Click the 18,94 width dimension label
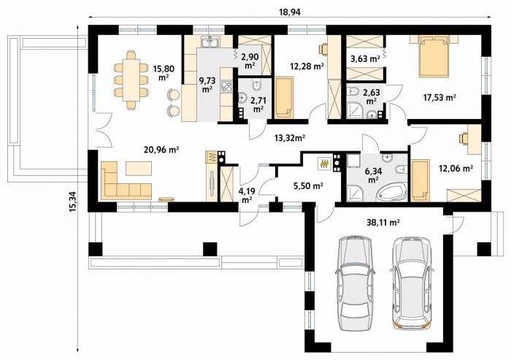tap(290, 12)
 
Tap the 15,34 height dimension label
tap(73, 202)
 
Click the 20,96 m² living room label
tap(161, 150)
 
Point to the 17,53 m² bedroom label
tap(439, 97)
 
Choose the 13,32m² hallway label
tap(290, 137)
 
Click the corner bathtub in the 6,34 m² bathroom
tap(392, 192)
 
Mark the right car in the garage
tap(412, 282)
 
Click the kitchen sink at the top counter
tap(210, 42)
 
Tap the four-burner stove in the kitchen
tap(226, 86)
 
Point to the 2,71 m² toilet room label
tap(258, 104)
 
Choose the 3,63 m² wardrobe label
tap(365, 58)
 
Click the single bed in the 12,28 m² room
tap(285, 98)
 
